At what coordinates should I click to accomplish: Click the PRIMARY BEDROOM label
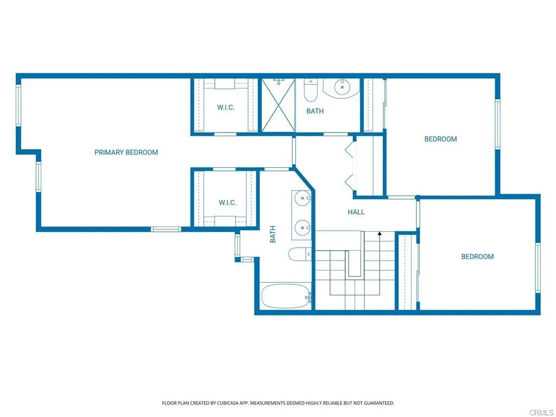(126, 153)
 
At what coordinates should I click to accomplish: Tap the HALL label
(356, 212)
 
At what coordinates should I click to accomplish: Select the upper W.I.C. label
(226, 107)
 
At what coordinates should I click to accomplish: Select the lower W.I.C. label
(228, 203)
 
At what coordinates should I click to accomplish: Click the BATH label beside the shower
(315, 111)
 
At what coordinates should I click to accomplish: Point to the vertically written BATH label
(273, 235)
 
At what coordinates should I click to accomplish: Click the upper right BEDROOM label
(440, 139)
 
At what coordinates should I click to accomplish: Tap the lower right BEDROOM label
(477, 257)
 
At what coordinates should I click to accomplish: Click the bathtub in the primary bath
(286, 296)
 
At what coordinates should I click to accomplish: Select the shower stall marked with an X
(279, 105)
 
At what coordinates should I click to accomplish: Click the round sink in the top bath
(342, 86)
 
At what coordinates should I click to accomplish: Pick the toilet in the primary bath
(300, 254)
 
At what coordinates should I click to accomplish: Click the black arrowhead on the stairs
(380, 233)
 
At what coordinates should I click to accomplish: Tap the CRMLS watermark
(542, 413)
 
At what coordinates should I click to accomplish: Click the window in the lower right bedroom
(538, 268)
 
